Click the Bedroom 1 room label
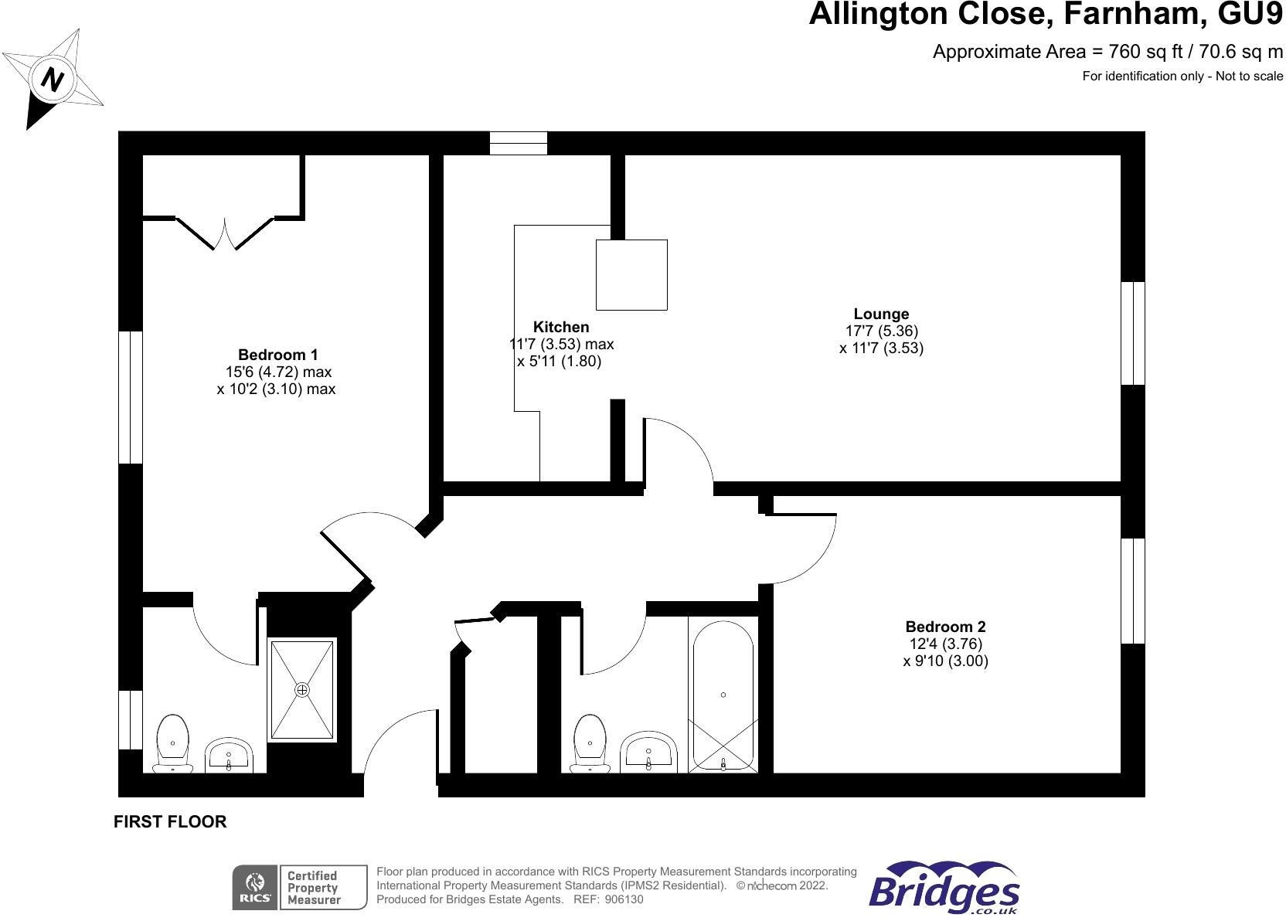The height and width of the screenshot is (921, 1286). pos(277,355)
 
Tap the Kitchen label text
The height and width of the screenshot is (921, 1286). pos(561,328)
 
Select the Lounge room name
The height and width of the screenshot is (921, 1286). pos(881,314)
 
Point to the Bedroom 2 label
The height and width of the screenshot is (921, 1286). pos(945,627)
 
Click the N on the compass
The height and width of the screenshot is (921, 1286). pos(53,80)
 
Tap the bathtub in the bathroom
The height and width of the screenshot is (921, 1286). pos(723,695)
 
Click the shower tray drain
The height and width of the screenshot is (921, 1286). pos(302,689)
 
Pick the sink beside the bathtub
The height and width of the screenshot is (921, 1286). pos(648,752)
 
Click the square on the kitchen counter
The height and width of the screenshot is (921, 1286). pos(631,274)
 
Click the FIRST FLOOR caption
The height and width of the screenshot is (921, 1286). pos(170,822)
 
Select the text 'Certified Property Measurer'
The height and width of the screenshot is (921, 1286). pos(313,888)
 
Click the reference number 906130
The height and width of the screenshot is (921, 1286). pos(624,899)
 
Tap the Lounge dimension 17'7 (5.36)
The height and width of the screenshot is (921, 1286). pos(881,331)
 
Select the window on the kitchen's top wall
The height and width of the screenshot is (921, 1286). pos(519,144)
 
